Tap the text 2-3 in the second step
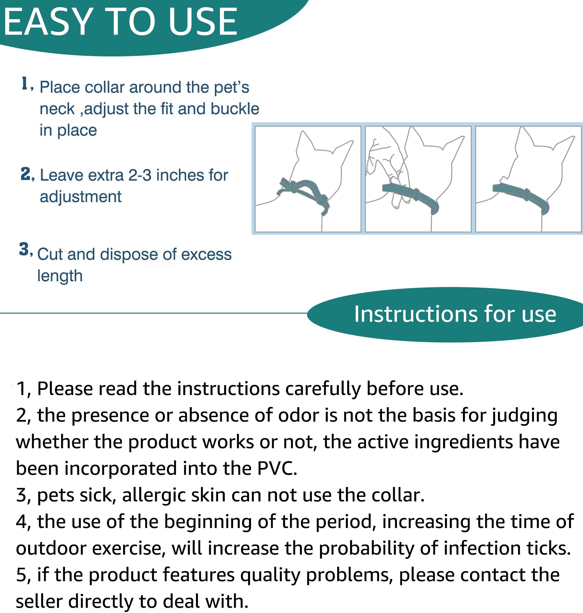[x=140, y=175]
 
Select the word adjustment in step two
[x=80, y=197]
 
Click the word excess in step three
[x=206, y=254]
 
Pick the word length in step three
[x=60, y=276]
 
